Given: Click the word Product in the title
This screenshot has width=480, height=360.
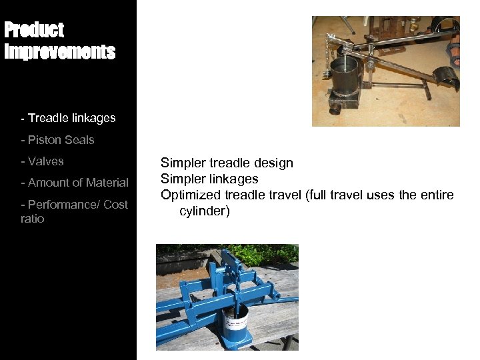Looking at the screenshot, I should [34, 30].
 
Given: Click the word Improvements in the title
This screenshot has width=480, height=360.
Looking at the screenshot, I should [60, 52].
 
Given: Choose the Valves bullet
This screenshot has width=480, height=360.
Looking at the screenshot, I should [46, 161].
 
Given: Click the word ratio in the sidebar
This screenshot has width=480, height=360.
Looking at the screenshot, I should [33, 219].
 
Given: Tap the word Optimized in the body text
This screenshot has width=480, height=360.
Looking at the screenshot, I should [191, 195].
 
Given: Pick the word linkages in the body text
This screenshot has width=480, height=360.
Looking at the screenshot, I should [234, 179].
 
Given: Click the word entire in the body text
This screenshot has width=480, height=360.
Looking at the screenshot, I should [437, 195].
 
